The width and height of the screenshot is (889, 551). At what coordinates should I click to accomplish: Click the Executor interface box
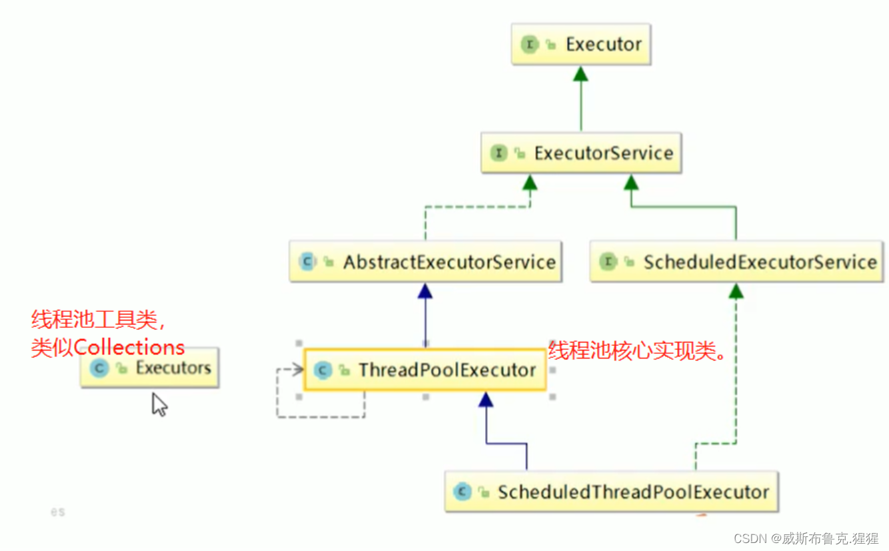580,45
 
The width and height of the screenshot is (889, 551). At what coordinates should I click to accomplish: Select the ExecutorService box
581,153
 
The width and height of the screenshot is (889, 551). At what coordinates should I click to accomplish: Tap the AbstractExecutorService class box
425,262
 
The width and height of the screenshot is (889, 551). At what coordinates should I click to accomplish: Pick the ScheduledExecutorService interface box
736,262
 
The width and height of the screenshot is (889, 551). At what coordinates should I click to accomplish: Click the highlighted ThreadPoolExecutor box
425,370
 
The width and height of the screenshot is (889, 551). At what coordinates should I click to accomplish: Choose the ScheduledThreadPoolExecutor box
611,492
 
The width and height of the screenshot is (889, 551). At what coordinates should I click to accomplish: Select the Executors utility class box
149,367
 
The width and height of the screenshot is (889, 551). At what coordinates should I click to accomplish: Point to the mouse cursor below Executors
159,404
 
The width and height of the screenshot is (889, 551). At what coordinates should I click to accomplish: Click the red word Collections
129,347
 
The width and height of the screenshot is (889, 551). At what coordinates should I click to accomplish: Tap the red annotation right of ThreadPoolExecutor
637,350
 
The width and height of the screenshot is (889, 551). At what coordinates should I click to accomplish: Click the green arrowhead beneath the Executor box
581,73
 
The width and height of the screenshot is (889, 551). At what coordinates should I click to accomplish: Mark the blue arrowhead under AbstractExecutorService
425,290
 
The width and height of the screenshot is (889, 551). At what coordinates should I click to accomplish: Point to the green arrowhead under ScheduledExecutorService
736,290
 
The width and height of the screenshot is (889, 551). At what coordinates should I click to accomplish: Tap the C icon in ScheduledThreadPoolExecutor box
462,492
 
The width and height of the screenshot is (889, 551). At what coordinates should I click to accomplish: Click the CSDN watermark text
806,538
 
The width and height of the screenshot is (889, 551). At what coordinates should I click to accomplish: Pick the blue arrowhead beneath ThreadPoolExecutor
486,400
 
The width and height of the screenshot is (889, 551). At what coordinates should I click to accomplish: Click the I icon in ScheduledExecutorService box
608,262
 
